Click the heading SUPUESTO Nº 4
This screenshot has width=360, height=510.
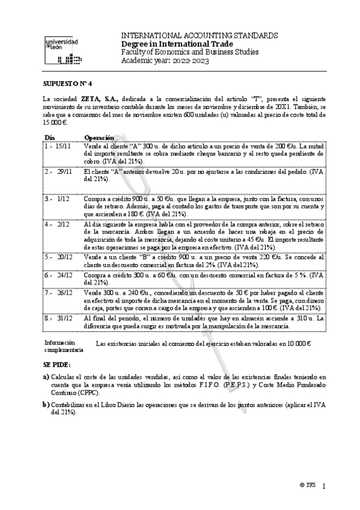point(66,85)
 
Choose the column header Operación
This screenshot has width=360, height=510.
point(99,137)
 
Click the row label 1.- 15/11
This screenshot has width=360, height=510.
point(58,146)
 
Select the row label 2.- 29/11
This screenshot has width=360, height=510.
point(58,171)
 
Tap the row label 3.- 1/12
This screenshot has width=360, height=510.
point(56,197)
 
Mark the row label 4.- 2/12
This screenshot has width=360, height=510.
point(56,223)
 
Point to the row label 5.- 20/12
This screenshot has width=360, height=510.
point(58,256)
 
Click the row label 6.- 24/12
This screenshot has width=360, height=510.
point(58,274)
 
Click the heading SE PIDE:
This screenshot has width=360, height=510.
point(56,364)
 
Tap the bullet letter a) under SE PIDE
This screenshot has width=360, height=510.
point(46,376)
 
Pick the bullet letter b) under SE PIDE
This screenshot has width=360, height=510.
point(46,406)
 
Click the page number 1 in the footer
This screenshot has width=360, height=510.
point(324,485)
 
